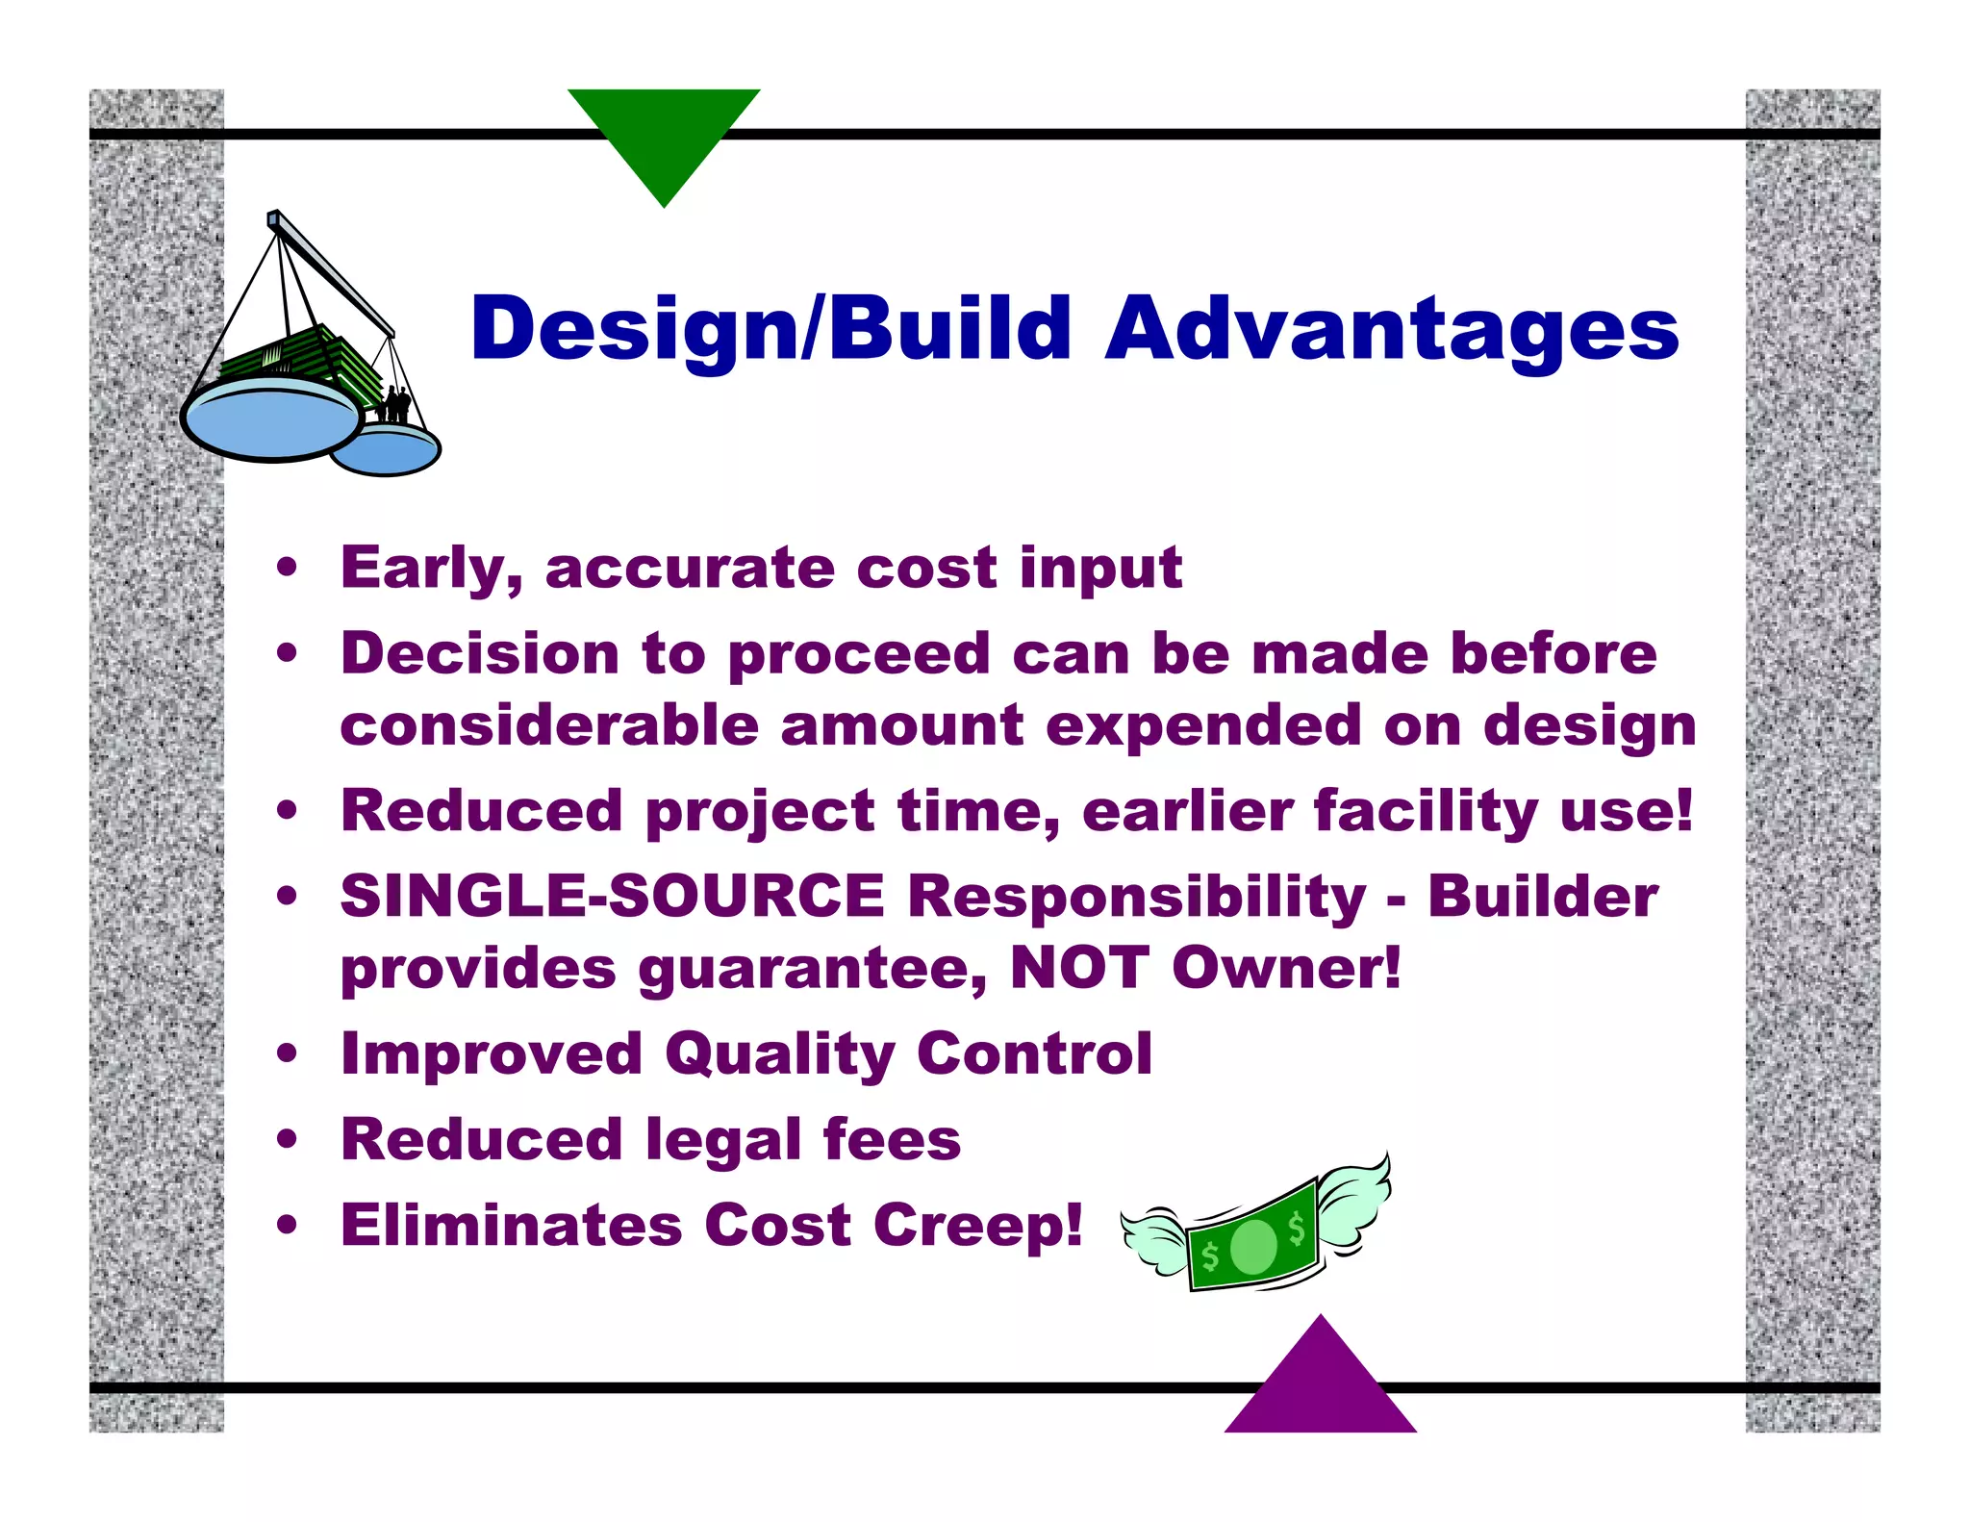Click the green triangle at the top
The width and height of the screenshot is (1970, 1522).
click(x=664, y=135)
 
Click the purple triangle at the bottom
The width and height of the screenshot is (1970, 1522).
click(x=1321, y=1385)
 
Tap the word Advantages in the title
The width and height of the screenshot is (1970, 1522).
click(x=1392, y=330)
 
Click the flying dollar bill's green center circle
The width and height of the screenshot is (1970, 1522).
click(x=1253, y=1247)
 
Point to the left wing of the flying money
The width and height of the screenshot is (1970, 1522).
click(x=1154, y=1240)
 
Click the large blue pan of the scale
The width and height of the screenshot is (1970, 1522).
click(x=272, y=421)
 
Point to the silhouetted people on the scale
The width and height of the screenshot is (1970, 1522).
click(x=394, y=404)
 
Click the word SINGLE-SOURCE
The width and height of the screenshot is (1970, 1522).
click(x=612, y=897)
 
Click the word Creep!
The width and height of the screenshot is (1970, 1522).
click(x=978, y=1226)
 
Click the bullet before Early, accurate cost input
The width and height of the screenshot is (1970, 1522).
click(x=287, y=567)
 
